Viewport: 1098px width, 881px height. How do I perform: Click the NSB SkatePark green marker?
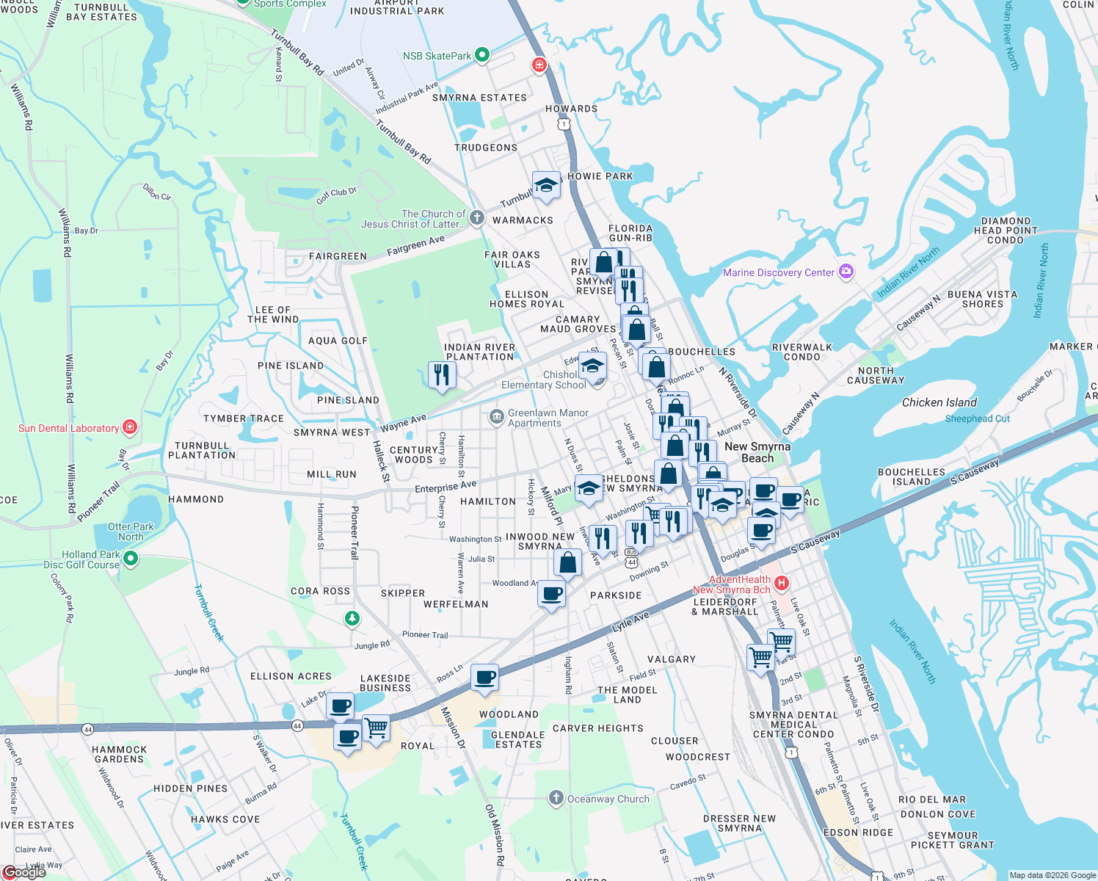point(482,55)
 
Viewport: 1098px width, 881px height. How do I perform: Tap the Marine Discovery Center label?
point(779,272)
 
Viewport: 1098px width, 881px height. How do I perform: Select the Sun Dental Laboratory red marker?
point(130,427)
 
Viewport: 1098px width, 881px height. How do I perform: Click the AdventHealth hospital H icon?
point(782,584)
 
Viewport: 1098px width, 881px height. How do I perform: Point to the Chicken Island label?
point(939,402)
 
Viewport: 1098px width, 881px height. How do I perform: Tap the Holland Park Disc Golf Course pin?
point(131,559)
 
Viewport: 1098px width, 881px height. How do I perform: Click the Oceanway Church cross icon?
point(556,798)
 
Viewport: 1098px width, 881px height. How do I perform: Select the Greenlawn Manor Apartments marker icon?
point(496,417)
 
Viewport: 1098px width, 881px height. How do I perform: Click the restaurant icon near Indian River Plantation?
point(441,374)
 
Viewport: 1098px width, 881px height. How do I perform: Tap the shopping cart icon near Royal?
point(376,728)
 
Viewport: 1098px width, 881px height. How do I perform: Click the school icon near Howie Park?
point(546,186)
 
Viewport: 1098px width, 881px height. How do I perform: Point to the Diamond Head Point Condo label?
point(1006,230)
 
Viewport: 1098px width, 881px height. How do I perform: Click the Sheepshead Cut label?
point(977,418)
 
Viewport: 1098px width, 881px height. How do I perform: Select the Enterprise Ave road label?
point(446,487)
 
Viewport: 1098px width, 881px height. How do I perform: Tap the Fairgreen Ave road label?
point(415,245)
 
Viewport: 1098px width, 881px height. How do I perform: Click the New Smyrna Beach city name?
point(757,452)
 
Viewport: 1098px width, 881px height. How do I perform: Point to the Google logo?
point(25,871)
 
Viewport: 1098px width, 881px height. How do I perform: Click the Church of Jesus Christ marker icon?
point(477,217)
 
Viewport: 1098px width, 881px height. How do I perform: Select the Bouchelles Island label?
point(911,477)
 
